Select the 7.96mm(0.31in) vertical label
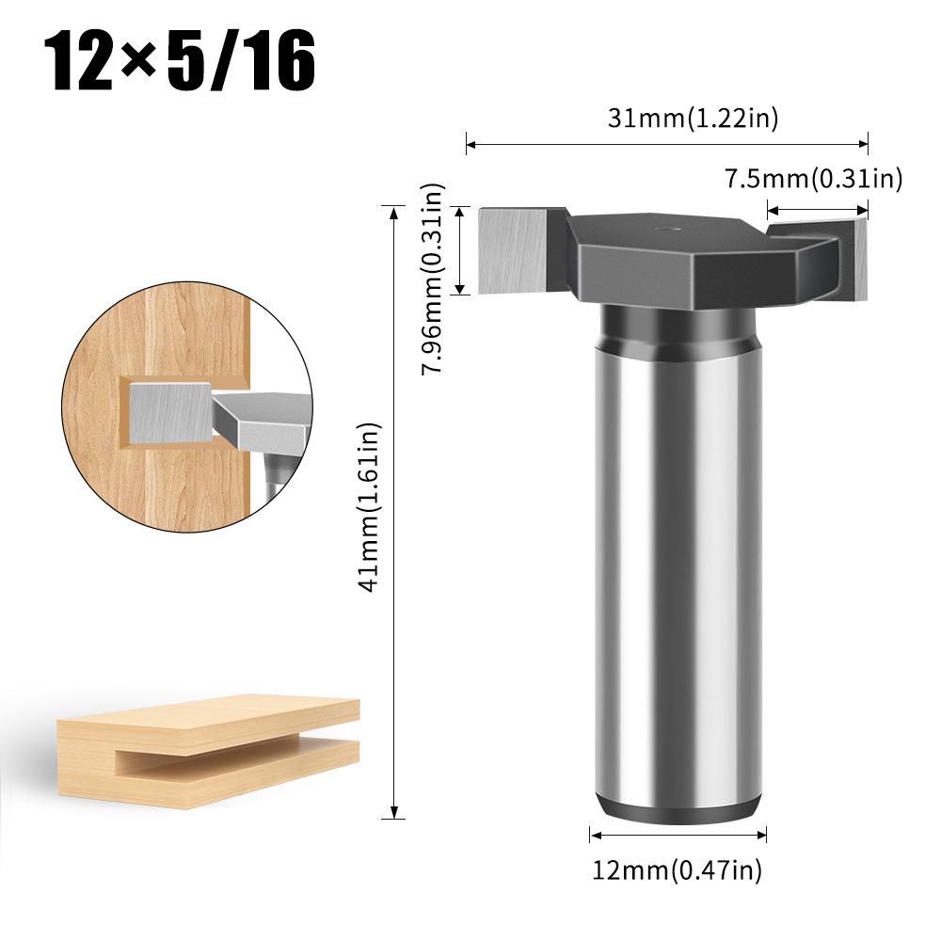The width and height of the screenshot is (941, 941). click(432, 279)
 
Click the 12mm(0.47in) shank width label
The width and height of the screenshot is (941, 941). click(678, 870)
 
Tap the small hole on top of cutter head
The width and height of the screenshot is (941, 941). click(665, 227)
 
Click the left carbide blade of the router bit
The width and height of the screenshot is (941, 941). click(512, 249)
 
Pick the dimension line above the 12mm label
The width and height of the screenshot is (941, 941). click(678, 835)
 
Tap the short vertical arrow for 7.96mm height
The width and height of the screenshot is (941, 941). click(459, 250)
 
